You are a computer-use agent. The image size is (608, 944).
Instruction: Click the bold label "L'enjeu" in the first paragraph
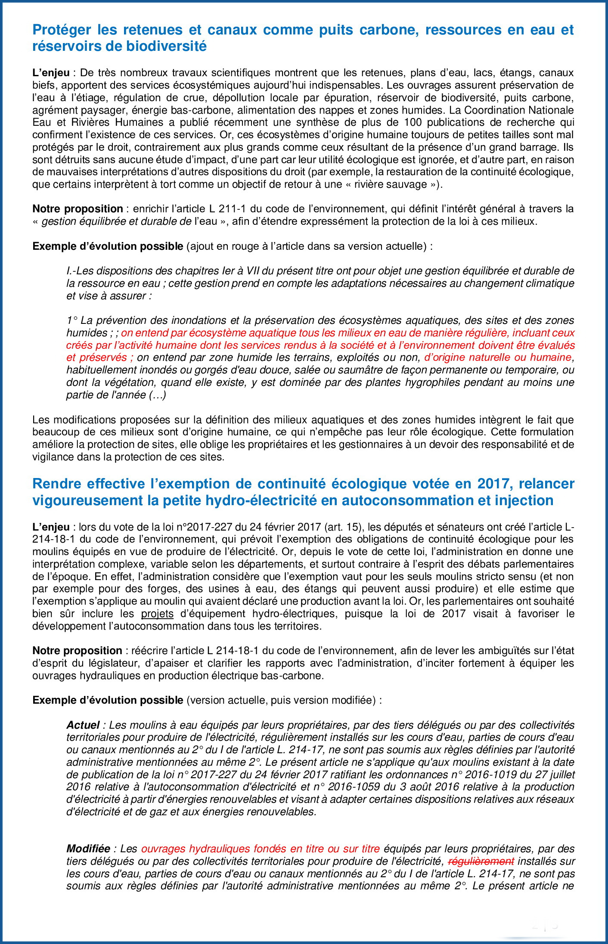pyautogui.click(x=50, y=72)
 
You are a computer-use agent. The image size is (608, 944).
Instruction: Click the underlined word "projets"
pyautogui.click(x=157, y=614)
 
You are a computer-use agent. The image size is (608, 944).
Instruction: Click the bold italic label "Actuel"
pyautogui.click(x=83, y=725)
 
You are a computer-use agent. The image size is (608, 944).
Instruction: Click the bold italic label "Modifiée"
pyautogui.click(x=88, y=849)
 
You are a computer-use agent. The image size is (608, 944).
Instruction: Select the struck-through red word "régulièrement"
pyautogui.click(x=481, y=861)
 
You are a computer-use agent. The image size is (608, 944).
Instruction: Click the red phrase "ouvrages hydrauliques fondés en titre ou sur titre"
pyautogui.click(x=261, y=849)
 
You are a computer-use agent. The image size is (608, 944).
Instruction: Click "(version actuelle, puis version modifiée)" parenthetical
pyautogui.click(x=284, y=700)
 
